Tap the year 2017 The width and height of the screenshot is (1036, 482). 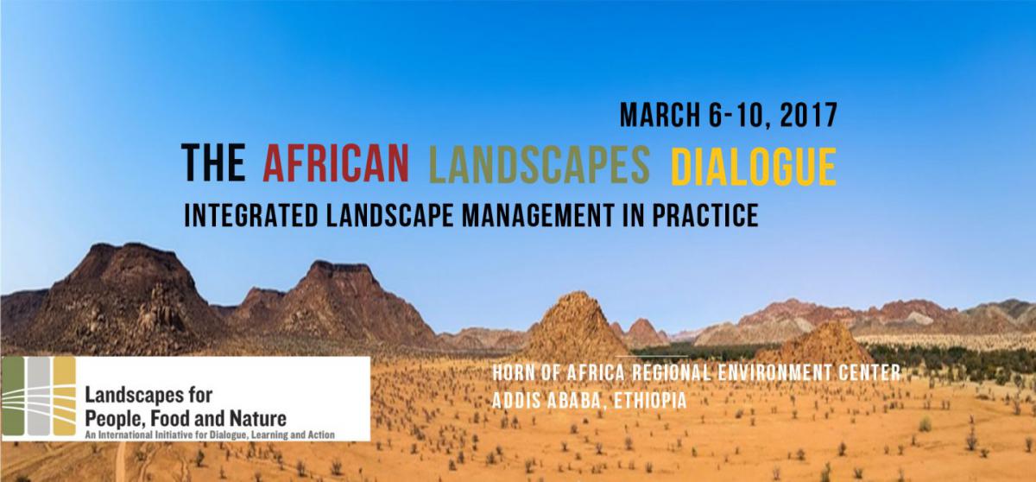tap(808, 115)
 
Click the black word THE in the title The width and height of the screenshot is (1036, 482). tap(213, 162)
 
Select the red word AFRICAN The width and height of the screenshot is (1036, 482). tap(336, 162)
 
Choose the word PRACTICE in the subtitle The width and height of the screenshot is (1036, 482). tap(705, 215)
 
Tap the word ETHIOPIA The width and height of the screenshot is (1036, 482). tap(650, 401)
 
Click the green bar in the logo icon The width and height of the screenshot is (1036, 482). tap(13, 396)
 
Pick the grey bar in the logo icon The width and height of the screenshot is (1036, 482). tap(38, 396)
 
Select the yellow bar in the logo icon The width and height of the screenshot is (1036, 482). tap(64, 396)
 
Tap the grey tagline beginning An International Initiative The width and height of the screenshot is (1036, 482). tap(210, 434)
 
